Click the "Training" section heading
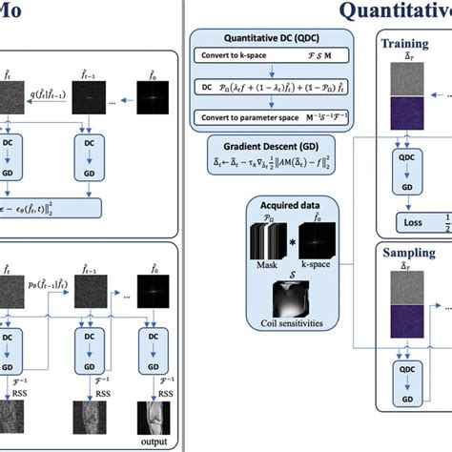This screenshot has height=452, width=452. coord(405,44)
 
